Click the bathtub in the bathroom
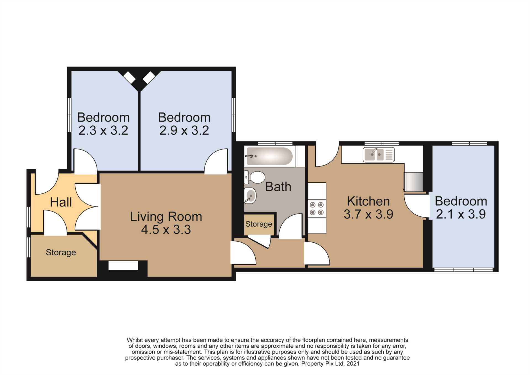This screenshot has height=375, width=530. (x=270, y=156)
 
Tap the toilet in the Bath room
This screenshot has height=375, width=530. (x=255, y=177)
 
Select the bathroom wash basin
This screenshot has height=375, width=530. (x=250, y=196)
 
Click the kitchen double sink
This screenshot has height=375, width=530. (x=379, y=154)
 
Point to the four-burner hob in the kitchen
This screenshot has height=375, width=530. (x=317, y=208)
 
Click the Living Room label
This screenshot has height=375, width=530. (x=166, y=217)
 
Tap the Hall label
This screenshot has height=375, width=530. (x=61, y=202)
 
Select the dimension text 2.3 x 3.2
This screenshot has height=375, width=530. (x=103, y=130)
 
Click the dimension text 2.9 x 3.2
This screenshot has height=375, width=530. (x=184, y=130)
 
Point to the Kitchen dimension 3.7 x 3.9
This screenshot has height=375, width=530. (x=368, y=214)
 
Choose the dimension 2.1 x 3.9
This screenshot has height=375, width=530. (x=461, y=214)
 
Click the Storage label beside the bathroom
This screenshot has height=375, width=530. (x=259, y=224)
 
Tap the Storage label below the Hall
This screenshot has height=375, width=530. (x=61, y=253)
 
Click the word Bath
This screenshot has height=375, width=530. (x=278, y=187)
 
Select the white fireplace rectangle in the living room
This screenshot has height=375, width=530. (x=123, y=265)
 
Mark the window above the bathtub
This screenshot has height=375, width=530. (x=275, y=143)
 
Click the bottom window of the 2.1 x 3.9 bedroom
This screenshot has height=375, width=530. (x=463, y=270)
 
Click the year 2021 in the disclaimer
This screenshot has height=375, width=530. (x=353, y=364)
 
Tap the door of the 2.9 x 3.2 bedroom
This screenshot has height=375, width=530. (x=216, y=161)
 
